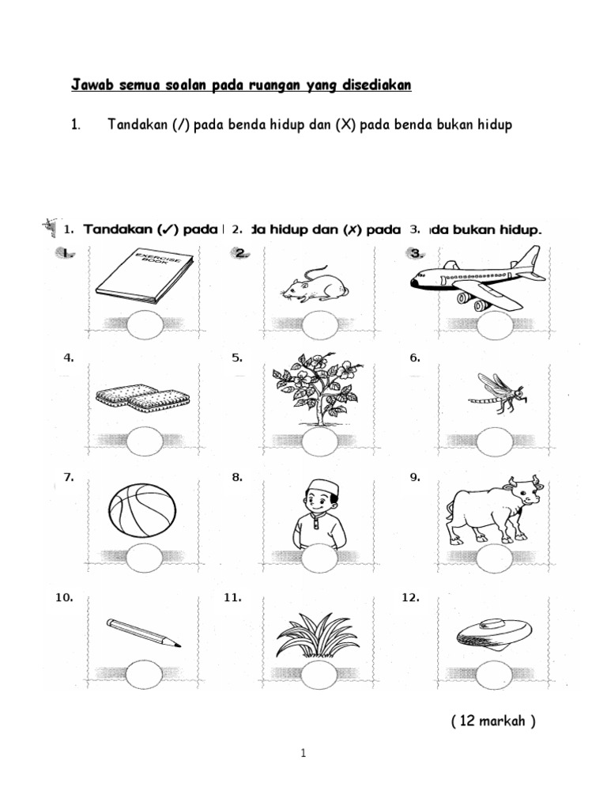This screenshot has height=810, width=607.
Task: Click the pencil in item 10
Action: coord(143,634)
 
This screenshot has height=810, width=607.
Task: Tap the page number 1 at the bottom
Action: coord(303,755)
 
